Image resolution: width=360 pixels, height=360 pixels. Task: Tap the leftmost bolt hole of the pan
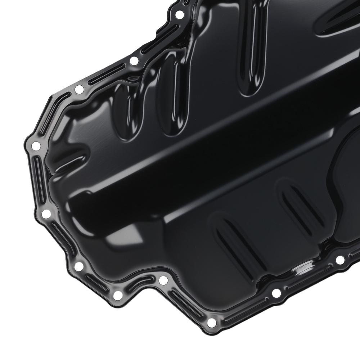36,146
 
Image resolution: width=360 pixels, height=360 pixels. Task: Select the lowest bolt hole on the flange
212,322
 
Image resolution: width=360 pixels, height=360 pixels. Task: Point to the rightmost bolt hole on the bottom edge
340,260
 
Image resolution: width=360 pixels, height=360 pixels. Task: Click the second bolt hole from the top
134,61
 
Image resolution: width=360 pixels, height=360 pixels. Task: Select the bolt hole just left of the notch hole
118,295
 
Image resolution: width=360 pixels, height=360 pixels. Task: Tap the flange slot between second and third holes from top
107,75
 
